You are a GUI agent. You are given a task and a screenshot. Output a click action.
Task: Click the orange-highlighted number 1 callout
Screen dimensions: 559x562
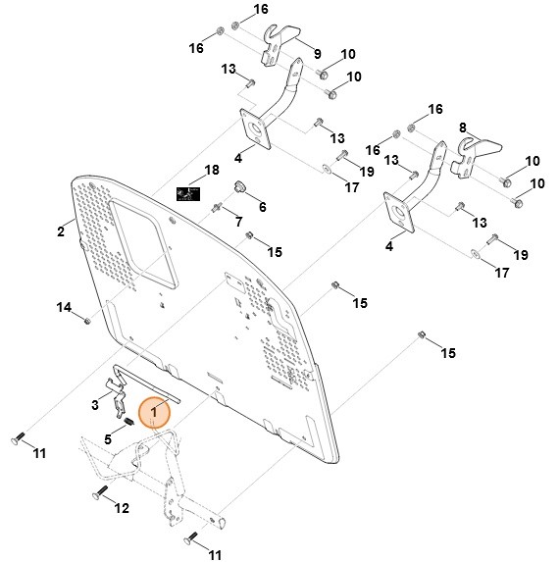pyautogui.click(x=154, y=412)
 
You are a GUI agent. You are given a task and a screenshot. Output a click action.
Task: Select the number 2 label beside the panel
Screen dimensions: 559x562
pyautogui.click(x=61, y=231)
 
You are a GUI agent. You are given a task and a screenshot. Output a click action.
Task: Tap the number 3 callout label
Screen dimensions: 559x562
pyautogui.click(x=95, y=405)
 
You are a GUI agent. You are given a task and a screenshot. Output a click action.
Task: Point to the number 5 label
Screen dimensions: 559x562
pyautogui.click(x=108, y=439)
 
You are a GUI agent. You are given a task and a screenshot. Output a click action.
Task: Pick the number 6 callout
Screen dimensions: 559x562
pyautogui.click(x=263, y=207)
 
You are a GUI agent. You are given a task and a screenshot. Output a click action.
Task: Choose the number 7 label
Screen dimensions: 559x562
pyautogui.click(x=239, y=222)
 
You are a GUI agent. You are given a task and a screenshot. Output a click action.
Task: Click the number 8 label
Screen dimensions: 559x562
pyautogui.click(x=463, y=128)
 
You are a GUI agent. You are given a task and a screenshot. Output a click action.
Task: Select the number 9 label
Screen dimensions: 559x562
pyautogui.click(x=318, y=54)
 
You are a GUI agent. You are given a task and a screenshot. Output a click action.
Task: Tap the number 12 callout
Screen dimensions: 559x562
pyautogui.click(x=122, y=508)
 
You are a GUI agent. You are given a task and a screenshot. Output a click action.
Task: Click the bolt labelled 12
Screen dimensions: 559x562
pyautogui.click(x=100, y=491)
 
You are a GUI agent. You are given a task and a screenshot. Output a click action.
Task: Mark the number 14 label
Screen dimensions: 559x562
pyautogui.click(x=64, y=307)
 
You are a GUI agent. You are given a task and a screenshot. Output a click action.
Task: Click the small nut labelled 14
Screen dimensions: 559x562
pyautogui.click(x=86, y=320)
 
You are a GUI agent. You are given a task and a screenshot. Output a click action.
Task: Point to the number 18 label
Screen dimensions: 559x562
pyautogui.click(x=212, y=170)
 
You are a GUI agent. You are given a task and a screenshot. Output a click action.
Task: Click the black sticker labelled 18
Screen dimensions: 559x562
pyautogui.click(x=188, y=194)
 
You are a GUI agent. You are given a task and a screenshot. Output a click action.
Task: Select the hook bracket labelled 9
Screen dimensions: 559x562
pyautogui.click(x=279, y=45)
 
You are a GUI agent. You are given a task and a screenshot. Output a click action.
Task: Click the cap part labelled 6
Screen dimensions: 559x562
pyautogui.click(x=238, y=186)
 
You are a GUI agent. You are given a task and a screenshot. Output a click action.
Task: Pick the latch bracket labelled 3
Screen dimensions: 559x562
pyautogui.click(x=118, y=397)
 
